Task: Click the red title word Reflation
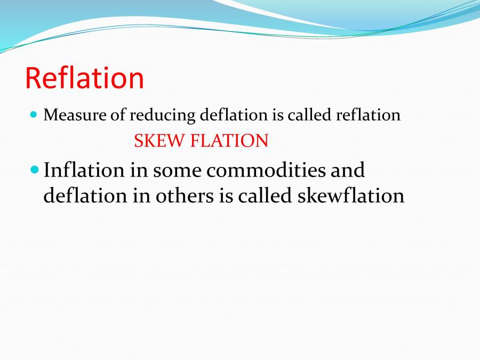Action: click(84, 78)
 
